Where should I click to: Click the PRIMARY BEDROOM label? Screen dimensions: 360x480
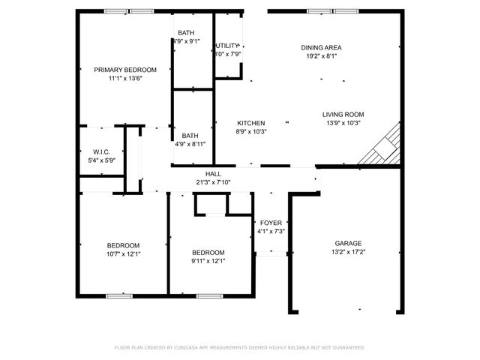point(125,70)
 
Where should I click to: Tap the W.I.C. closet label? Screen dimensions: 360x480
point(102,151)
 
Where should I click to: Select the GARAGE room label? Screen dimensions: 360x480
point(348,243)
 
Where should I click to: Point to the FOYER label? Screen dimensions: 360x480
point(270,223)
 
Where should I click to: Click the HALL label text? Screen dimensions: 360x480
point(214,173)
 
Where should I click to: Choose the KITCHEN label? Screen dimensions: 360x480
point(251,123)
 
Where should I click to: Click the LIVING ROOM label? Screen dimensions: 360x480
point(343,115)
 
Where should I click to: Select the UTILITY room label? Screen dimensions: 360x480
point(227,46)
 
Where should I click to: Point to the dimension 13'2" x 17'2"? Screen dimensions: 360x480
point(348,253)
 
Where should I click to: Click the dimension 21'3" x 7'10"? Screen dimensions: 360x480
point(214,181)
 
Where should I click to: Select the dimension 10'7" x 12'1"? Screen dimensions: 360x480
point(123,254)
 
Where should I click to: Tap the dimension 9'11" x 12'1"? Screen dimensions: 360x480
point(208,261)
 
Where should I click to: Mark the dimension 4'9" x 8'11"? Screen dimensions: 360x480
point(190,143)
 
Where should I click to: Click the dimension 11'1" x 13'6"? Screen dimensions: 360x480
point(125,78)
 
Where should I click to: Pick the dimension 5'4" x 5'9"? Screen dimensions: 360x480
point(102,160)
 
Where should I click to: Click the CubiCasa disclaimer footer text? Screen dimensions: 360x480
point(240,348)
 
